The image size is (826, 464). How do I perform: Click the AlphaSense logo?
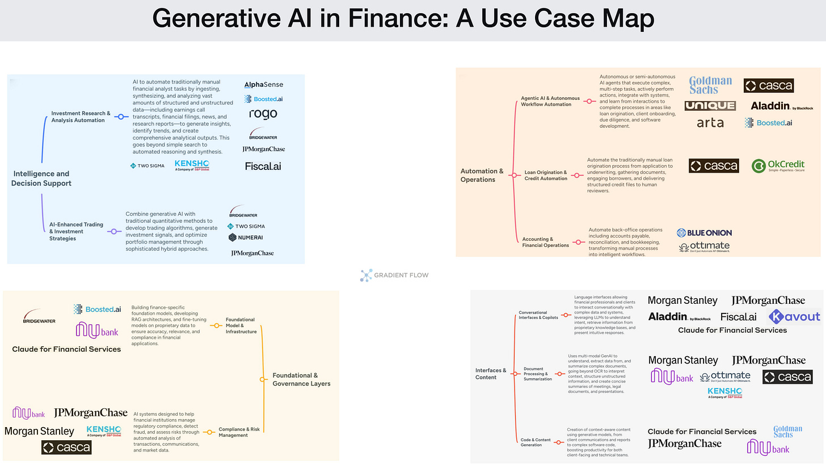coord(263,85)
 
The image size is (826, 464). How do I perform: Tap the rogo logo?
coord(263,114)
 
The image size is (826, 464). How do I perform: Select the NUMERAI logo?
coord(246,237)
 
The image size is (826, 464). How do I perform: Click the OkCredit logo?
coord(778,166)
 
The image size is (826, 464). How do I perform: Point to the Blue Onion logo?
coord(704,232)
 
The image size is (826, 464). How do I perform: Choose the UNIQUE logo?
coord(710,106)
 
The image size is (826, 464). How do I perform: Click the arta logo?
coord(710,123)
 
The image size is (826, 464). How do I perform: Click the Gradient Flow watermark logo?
coord(394,275)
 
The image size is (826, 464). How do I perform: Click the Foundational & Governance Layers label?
coord(301,379)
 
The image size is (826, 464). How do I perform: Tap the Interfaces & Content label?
coord(491,374)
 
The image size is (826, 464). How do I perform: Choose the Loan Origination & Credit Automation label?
coord(545,175)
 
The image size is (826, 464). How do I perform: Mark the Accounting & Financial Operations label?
coord(545,243)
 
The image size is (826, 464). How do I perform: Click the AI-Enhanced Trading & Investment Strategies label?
coord(76,231)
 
